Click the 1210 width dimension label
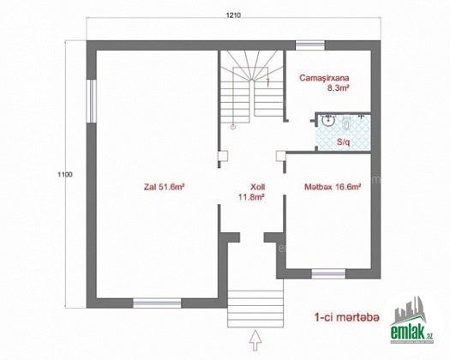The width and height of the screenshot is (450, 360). [233, 15]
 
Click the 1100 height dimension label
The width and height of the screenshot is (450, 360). [65, 174]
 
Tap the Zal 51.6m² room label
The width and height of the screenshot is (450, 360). [164, 187]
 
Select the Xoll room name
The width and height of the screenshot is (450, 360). [257, 187]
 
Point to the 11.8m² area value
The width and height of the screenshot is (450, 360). [251, 197]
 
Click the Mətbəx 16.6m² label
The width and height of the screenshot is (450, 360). [333, 187]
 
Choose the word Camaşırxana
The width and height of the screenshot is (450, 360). [324, 78]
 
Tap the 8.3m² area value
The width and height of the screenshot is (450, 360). [338, 88]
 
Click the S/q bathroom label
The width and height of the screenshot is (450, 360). [343, 141]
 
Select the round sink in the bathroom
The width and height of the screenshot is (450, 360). [327, 120]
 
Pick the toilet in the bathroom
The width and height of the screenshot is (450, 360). [346, 123]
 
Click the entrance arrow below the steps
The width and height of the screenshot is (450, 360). [255, 341]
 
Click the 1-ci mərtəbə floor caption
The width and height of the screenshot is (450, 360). [346, 317]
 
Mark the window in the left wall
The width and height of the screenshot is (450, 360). [92, 101]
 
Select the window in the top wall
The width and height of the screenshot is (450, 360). [310, 45]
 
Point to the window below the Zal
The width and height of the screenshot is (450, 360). [157, 303]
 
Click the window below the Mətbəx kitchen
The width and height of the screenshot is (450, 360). [328, 273]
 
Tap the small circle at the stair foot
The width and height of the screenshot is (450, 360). [233, 126]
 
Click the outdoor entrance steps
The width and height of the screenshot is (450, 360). [255, 309]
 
